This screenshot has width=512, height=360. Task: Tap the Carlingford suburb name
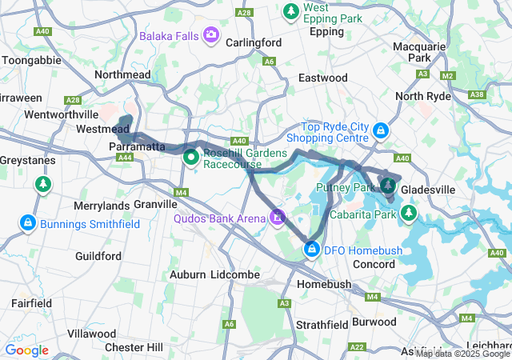254,42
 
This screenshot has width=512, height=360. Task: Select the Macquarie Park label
421,52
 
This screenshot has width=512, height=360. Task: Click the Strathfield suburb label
322,325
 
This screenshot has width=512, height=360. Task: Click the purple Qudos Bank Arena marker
278,216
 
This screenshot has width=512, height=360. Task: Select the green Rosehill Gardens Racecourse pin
191,156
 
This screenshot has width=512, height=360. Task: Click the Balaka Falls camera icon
210,34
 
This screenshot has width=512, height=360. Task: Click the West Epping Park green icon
290,11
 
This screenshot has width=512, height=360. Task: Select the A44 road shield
124,158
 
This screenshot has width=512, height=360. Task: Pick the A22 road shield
358,346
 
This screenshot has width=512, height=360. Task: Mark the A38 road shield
478,94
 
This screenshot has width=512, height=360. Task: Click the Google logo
26,350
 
